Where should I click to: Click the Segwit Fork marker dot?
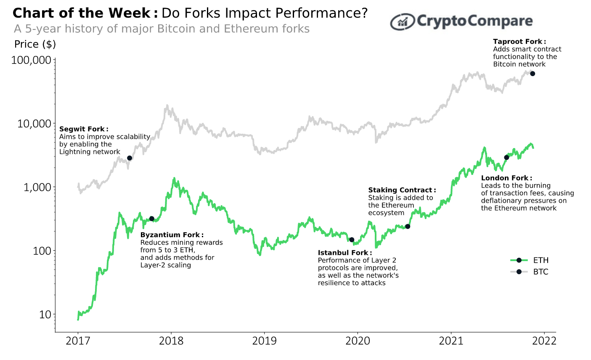(130, 158)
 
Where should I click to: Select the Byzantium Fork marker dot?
(152, 219)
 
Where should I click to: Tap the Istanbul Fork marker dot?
(352, 240)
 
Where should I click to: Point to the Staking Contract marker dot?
(407, 227)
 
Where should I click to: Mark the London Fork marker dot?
(506, 157)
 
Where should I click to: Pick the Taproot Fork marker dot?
(533, 74)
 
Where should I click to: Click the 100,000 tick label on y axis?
(32, 60)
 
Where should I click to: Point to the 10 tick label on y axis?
(45, 315)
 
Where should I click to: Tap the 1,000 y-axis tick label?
(37, 187)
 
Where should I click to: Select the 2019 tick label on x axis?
(264, 341)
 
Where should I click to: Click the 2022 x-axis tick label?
(544, 341)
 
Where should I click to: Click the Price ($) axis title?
(35, 44)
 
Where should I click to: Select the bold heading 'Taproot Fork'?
(518, 42)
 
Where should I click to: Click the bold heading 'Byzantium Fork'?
(170, 235)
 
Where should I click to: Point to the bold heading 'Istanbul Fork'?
(343, 253)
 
